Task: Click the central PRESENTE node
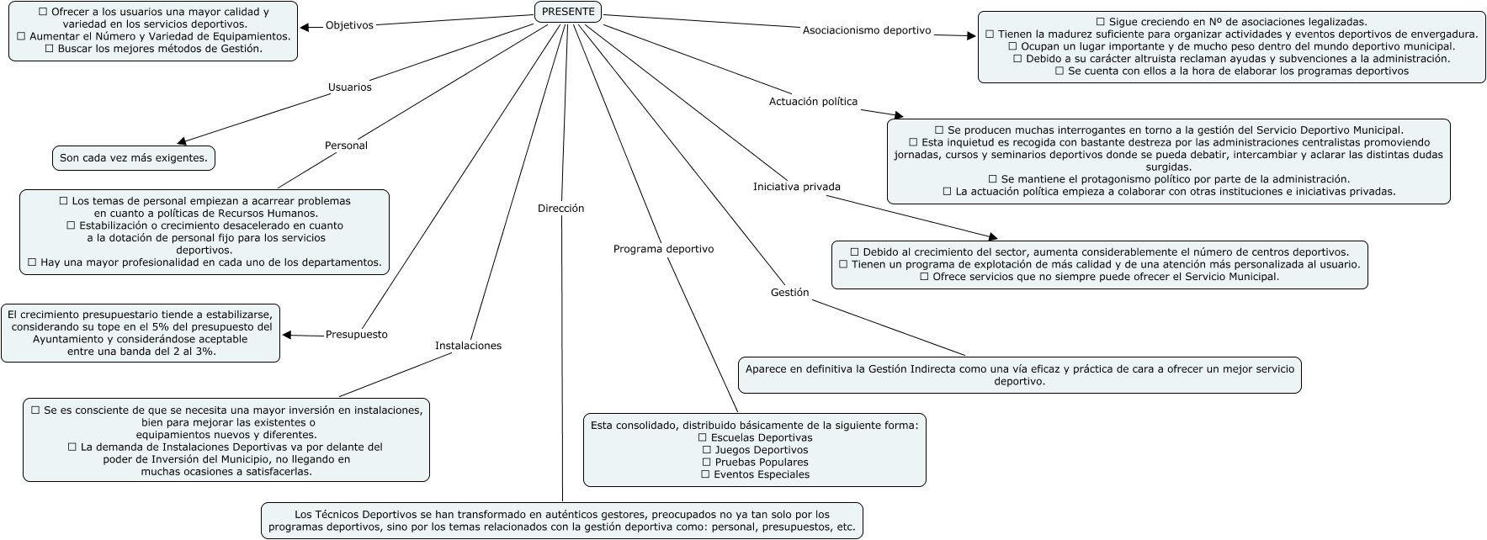(x=568, y=12)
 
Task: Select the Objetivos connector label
(x=348, y=25)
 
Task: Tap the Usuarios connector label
(x=349, y=87)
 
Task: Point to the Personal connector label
(x=346, y=146)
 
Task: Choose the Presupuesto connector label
(x=356, y=335)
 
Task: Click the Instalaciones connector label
(x=468, y=346)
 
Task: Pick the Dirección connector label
(x=560, y=209)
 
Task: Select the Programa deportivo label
(x=663, y=249)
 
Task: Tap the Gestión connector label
(x=789, y=293)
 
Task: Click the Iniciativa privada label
(x=796, y=187)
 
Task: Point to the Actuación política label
(x=813, y=102)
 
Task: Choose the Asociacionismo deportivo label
(x=867, y=30)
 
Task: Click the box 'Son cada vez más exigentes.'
(x=133, y=158)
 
